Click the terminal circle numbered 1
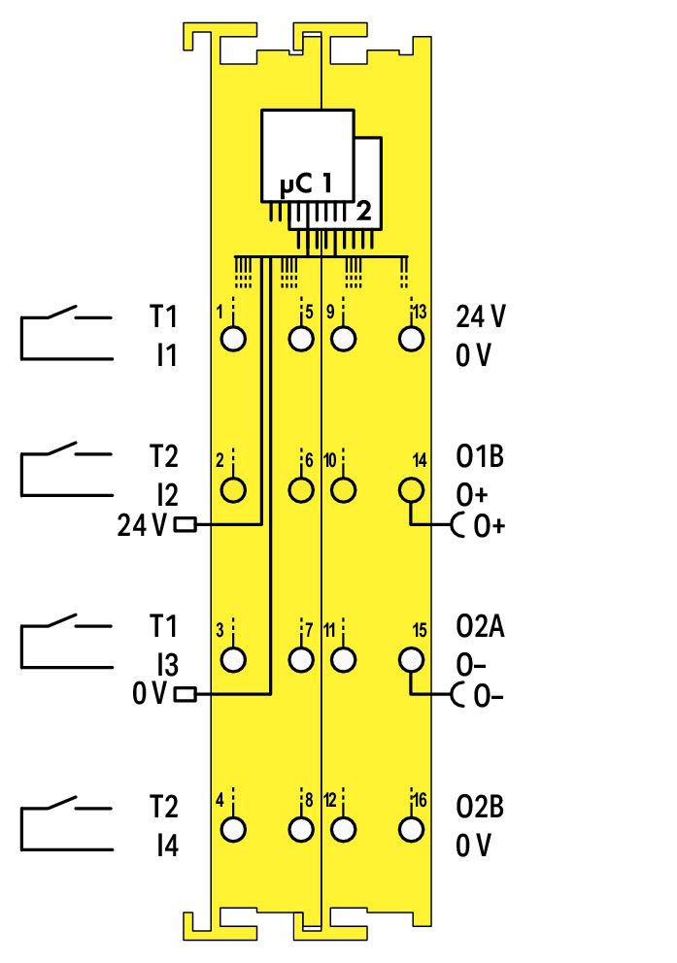pyautogui.click(x=233, y=339)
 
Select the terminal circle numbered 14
pyautogui.click(x=411, y=490)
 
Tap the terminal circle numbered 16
pyautogui.click(x=411, y=830)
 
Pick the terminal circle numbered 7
pyautogui.click(x=300, y=659)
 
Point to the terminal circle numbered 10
pyautogui.click(x=344, y=490)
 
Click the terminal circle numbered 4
pyautogui.click(x=233, y=830)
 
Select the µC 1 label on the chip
pyautogui.click(x=305, y=183)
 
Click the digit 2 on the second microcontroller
pyautogui.click(x=364, y=211)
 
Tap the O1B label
pyautogui.click(x=480, y=456)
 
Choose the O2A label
pyautogui.click(x=480, y=626)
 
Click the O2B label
pyautogui.click(x=480, y=807)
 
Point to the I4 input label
pyautogui.click(x=167, y=846)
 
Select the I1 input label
pyautogui.click(x=167, y=355)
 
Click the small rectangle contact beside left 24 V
pyautogui.click(x=186, y=525)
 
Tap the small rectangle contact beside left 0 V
pyautogui.click(x=186, y=695)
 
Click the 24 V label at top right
pyautogui.click(x=481, y=316)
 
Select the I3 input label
pyautogui.click(x=167, y=665)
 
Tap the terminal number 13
pyautogui.click(x=419, y=312)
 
